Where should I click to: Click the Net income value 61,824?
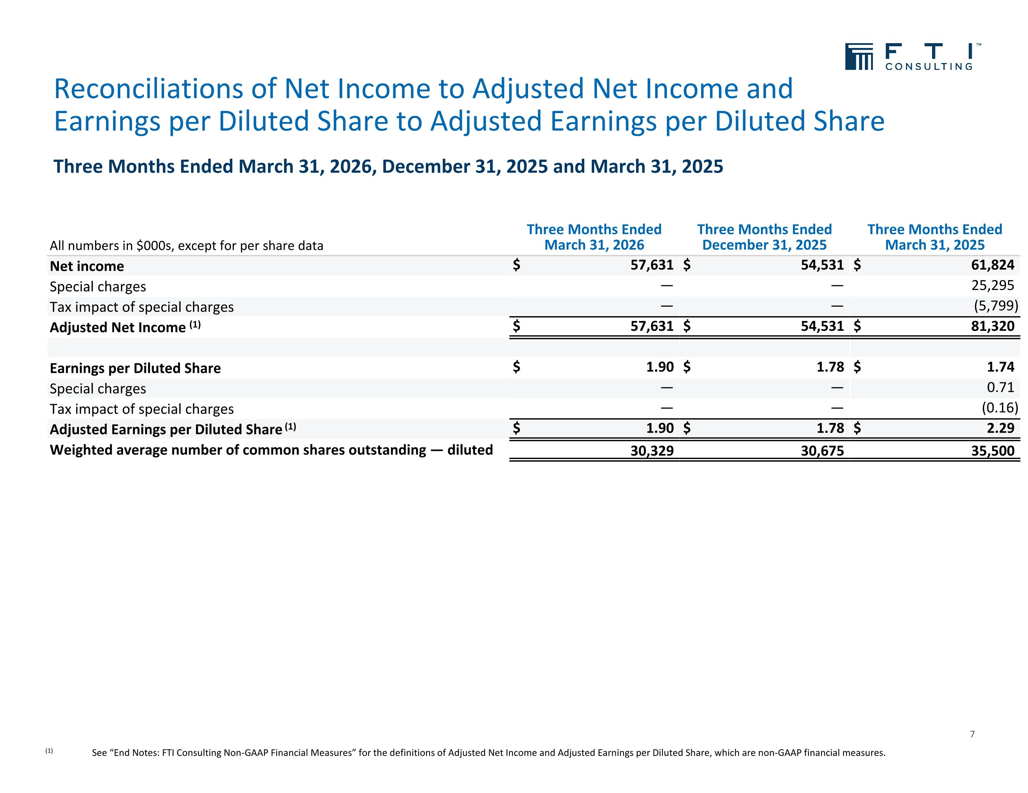click(993, 265)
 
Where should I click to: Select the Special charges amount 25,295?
click(993, 286)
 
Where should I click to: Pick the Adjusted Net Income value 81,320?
click(993, 326)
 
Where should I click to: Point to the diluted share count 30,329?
click(652, 451)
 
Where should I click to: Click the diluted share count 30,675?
click(822, 451)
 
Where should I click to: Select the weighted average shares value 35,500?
click(993, 451)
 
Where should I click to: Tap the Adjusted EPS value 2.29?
click(1001, 428)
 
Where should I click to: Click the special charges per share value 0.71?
click(1001, 387)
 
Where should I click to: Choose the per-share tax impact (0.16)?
click(1000, 408)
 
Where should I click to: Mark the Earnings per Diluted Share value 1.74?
click(1001, 367)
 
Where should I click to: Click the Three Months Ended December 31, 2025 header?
click(764, 237)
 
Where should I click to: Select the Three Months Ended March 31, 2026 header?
click(594, 237)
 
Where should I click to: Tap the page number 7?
click(972, 734)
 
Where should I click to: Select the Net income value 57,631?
click(652, 265)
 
